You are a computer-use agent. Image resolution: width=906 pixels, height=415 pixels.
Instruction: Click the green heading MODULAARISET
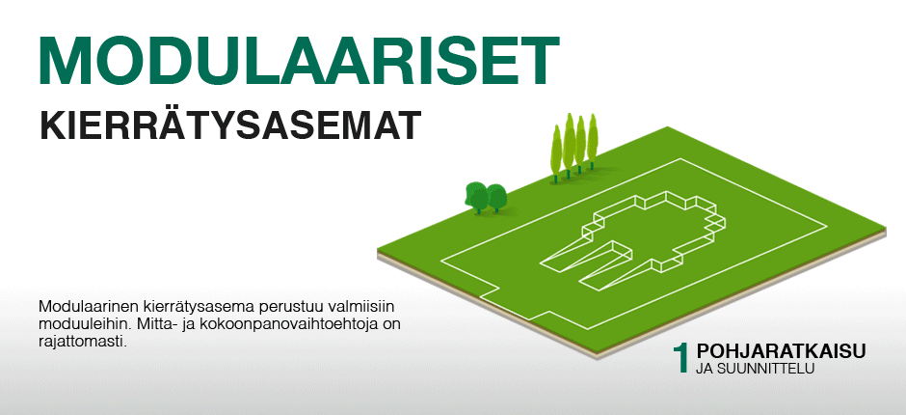click(300, 62)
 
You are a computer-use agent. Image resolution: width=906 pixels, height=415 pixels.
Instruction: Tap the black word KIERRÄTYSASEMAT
click(228, 125)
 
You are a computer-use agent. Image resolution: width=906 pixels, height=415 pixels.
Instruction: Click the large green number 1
click(681, 358)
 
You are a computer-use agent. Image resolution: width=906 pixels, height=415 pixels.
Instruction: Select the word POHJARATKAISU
click(781, 352)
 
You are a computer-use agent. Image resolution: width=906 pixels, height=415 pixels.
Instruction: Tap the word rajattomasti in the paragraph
click(83, 342)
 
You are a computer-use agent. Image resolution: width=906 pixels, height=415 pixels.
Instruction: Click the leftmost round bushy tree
click(477, 198)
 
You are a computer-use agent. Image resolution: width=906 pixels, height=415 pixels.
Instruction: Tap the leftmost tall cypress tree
click(556, 153)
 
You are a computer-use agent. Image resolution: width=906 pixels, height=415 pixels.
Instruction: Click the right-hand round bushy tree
click(497, 198)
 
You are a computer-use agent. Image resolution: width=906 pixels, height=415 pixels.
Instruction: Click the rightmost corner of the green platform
click(885, 228)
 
